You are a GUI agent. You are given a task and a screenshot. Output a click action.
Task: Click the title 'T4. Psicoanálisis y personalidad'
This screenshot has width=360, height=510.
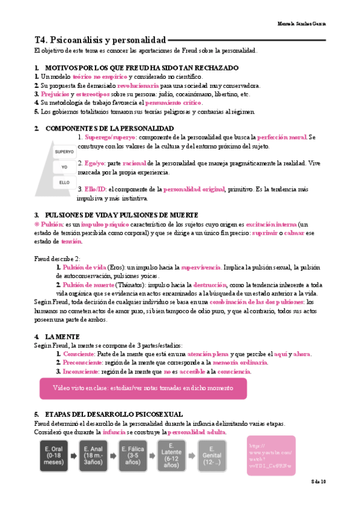click(100, 40)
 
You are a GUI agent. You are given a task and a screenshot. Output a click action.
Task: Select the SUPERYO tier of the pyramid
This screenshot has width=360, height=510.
click(64, 152)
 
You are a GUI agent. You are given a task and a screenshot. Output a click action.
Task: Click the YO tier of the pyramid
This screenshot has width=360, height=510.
click(64, 166)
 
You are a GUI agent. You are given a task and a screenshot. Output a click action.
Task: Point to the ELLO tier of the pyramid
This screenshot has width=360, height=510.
click(64, 181)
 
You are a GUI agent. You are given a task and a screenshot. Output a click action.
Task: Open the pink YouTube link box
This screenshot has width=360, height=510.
click(270, 456)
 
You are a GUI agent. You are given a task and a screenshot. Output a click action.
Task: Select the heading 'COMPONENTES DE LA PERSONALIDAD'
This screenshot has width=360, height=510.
click(110, 128)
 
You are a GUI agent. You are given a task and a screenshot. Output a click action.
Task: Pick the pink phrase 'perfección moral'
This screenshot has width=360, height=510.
click(281, 137)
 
